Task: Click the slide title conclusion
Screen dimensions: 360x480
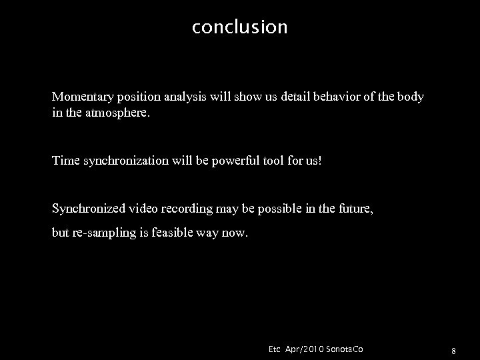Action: (239, 27)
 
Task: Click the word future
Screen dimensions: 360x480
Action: (356, 209)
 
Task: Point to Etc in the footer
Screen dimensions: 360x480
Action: (274, 349)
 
